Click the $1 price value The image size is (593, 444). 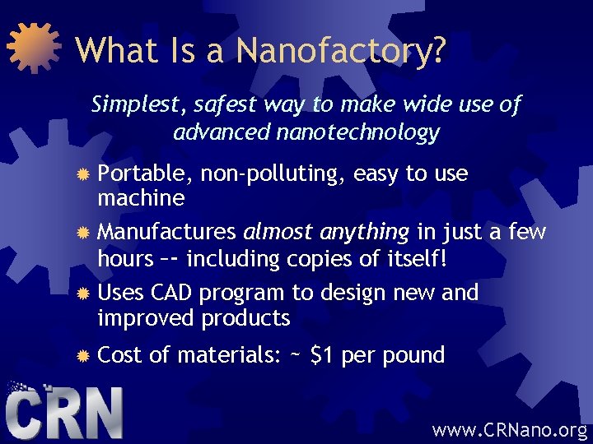click(323, 356)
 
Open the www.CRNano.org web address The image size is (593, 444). click(510, 428)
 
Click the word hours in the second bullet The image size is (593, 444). click(124, 259)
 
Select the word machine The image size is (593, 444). click(141, 198)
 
